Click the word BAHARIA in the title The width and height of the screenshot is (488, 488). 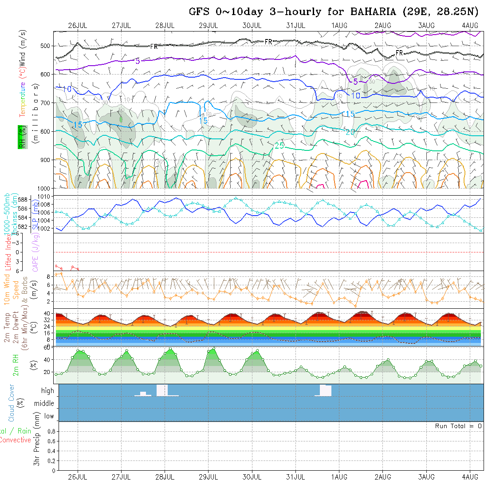click(x=374, y=12)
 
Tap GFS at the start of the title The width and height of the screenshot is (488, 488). click(x=198, y=12)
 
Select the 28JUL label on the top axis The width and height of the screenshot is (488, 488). click(x=165, y=25)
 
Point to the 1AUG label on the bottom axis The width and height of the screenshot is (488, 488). click(x=339, y=477)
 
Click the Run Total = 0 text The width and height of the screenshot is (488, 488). click(x=458, y=426)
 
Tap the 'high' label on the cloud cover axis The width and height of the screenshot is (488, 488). click(x=47, y=391)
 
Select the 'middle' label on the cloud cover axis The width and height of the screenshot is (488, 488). click(x=44, y=403)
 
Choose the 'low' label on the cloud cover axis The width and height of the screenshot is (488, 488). click(x=49, y=416)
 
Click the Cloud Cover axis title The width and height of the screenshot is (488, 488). click(x=12, y=403)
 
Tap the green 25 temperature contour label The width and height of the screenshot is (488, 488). click(x=279, y=145)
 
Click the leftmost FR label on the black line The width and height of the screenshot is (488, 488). click(x=154, y=46)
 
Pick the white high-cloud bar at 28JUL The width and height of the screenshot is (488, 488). click(x=162, y=390)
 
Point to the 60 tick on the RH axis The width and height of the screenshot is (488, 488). click(x=46, y=347)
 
